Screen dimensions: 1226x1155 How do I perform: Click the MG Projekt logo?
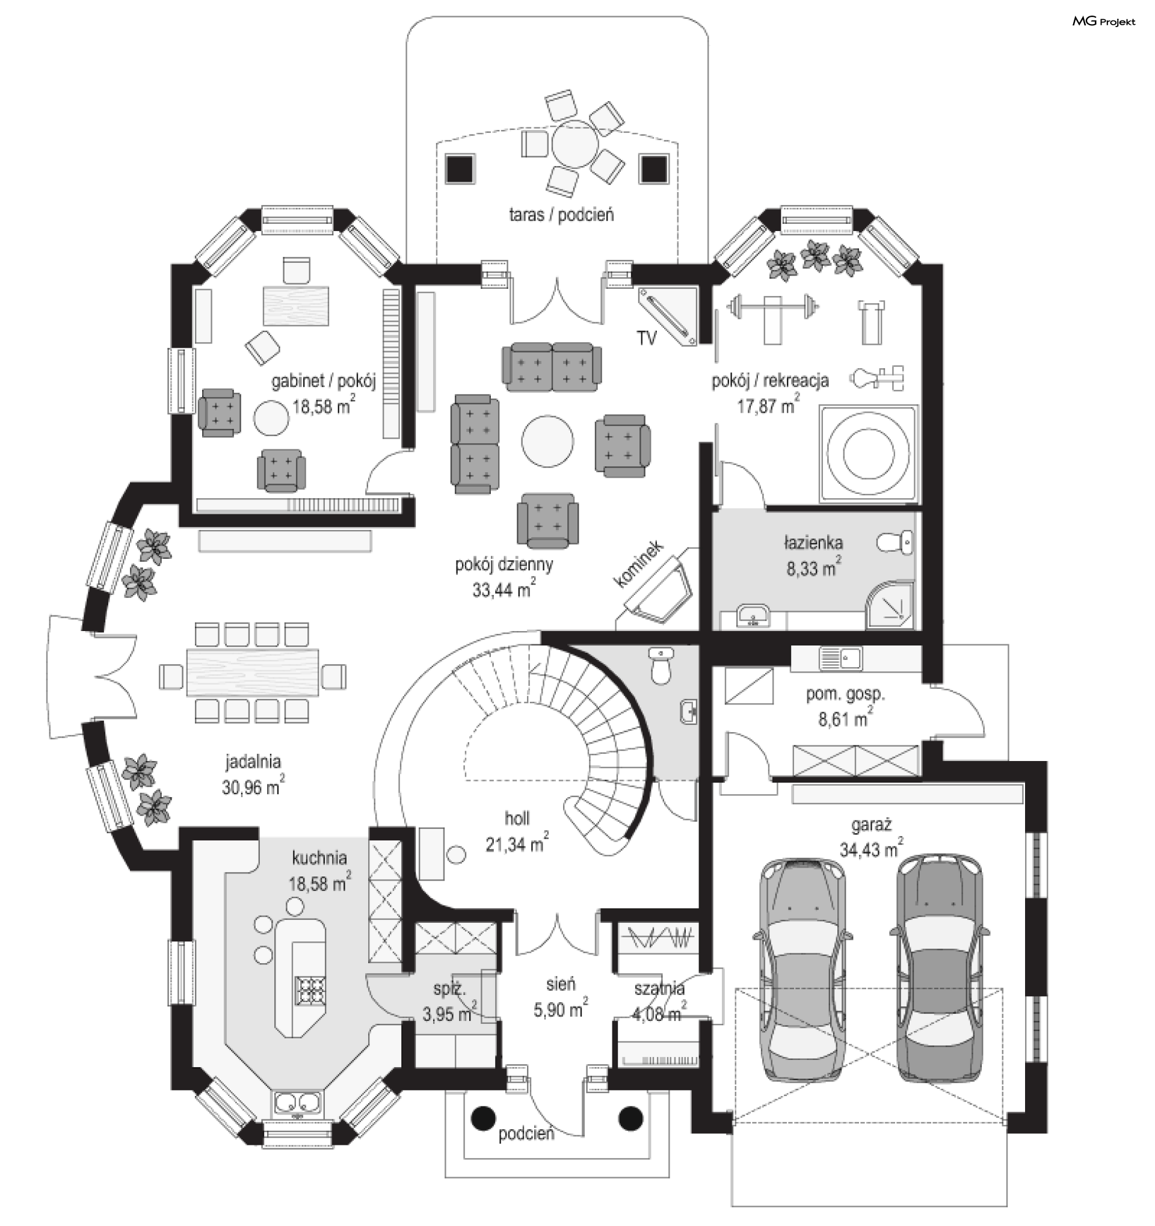coord(1103,22)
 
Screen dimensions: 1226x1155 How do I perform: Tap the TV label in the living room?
coord(647,337)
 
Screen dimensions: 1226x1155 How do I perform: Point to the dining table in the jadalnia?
coord(253,671)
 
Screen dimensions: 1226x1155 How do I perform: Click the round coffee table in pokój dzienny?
coord(547,441)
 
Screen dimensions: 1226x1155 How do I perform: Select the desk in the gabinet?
coord(296,306)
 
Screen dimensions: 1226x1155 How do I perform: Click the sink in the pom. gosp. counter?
coord(841,658)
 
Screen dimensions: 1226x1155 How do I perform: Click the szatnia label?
coord(659,988)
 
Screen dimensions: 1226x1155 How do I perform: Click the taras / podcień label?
coord(561,215)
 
